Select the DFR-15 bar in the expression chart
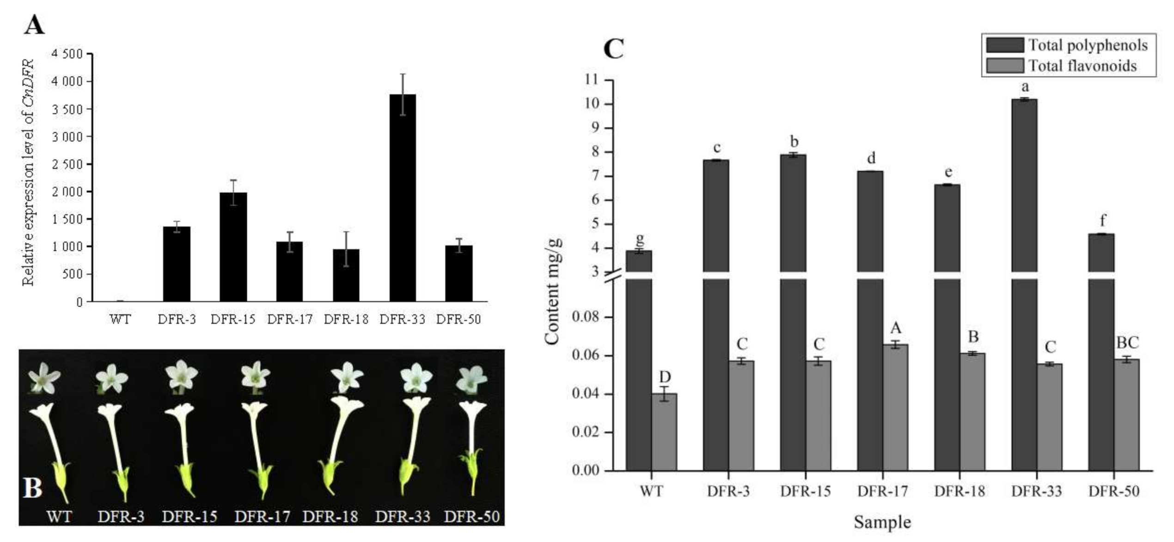coord(233,247)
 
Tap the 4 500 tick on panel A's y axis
coord(67,54)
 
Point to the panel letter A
coord(34,25)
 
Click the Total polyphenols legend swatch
coord(1004,45)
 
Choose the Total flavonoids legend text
coord(1082,66)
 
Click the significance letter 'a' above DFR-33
coord(1025,87)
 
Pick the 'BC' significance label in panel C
coord(1127,343)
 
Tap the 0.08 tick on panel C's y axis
coord(585,317)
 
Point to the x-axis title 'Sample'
coord(882,522)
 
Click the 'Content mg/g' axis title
coord(553,291)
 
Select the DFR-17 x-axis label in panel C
coord(882,491)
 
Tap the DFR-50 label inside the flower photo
coord(471,517)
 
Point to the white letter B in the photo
coord(33,488)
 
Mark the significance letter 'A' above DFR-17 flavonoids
coord(896,328)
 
